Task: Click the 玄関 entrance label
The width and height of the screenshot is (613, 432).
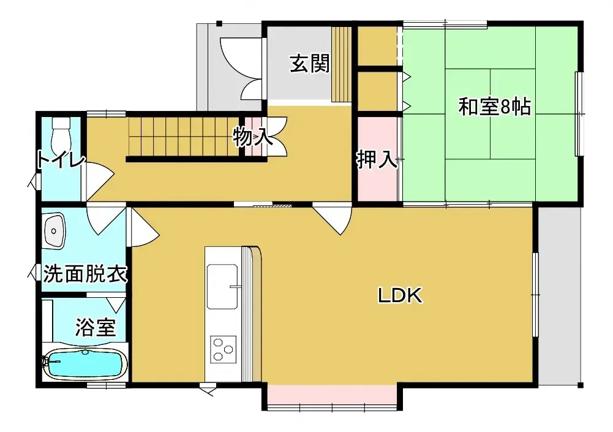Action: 309,63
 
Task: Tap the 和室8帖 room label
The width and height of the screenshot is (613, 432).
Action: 494,107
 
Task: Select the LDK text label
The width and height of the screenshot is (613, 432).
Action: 400,296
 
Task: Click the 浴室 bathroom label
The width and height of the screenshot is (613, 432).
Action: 95,327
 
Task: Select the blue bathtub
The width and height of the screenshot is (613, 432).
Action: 85,364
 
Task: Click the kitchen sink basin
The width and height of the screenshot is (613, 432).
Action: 222,286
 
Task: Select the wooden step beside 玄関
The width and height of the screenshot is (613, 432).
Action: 340,64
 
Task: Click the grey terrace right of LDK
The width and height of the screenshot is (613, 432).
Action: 558,294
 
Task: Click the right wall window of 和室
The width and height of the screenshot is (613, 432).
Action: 579,114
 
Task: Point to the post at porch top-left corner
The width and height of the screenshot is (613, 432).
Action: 219,24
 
